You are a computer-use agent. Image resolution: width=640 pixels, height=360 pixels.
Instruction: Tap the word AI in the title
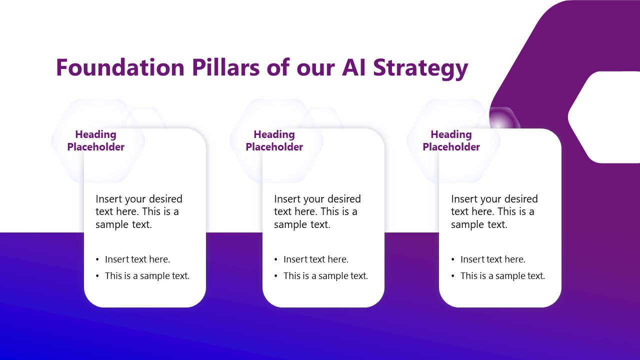click(354, 67)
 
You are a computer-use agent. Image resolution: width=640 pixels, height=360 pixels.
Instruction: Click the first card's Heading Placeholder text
click(95, 140)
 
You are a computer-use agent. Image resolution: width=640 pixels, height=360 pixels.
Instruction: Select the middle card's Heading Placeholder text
click(274, 140)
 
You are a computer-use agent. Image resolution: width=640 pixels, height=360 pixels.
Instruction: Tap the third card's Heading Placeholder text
click(451, 140)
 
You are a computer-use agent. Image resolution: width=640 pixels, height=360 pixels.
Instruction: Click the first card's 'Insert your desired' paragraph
click(139, 211)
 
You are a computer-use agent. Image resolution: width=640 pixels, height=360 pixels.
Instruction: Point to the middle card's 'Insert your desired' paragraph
click(317, 211)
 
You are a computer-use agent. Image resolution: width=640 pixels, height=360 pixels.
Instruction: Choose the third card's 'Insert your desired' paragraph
click(494, 211)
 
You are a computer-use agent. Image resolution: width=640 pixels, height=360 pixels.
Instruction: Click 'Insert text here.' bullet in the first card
click(137, 259)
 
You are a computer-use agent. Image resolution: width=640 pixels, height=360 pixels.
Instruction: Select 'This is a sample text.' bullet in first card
click(147, 275)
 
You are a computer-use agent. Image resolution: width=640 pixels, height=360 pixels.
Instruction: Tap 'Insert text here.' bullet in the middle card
click(315, 259)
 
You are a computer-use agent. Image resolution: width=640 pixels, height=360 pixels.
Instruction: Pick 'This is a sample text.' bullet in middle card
click(325, 275)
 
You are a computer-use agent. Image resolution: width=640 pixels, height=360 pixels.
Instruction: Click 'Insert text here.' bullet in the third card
click(492, 259)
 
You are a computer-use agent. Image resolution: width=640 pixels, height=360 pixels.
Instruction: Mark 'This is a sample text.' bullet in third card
click(502, 275)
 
